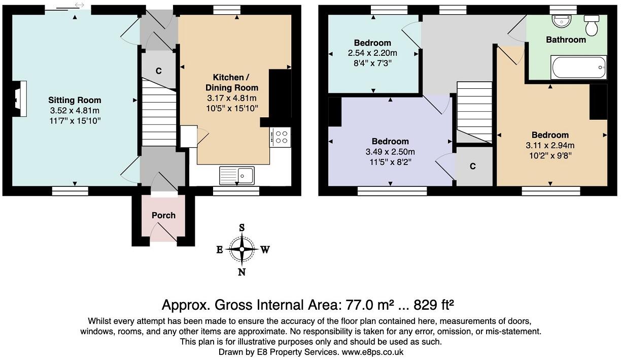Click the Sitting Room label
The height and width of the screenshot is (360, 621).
pos(75,100)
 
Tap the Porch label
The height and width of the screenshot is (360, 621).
pos(163,215)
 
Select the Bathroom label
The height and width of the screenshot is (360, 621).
pos(566,40)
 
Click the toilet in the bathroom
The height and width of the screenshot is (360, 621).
pos(592,25)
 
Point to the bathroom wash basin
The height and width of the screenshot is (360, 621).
pos(562,20)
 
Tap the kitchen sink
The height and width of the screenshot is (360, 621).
pos(237,176)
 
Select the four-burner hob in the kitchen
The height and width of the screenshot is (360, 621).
pos(280,137)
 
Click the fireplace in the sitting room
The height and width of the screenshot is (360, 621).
pos(19,99)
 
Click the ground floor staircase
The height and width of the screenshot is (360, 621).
pos(159,112)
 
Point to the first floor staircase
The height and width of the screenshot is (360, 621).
pos(474,112)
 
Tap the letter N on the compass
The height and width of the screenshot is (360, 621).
pos(241,272)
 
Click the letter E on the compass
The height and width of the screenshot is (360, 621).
pos(219,250)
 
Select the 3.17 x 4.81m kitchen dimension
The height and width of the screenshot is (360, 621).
pos(232,98)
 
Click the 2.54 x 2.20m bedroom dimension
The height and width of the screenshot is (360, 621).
pos(372,53)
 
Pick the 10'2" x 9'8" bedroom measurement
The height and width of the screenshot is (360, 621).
pos(550,155)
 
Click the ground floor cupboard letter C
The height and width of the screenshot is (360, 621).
pos(159,71)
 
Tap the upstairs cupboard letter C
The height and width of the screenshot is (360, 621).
pos(473,166)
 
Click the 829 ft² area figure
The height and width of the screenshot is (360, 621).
pos(434,305)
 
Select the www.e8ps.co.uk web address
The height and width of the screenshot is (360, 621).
pos(372,352)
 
